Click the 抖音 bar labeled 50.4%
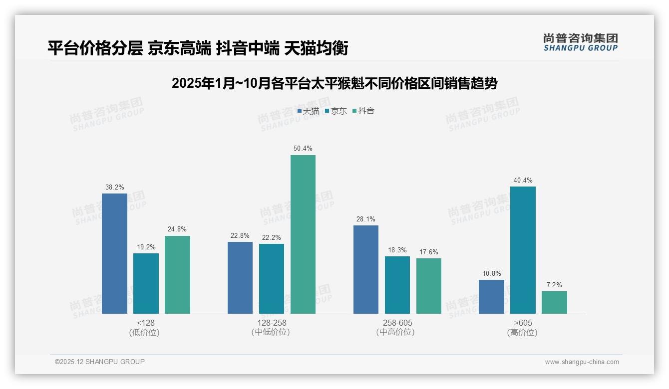pos(303,234)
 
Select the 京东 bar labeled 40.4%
pos(523,250)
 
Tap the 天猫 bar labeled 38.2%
pos(114,253)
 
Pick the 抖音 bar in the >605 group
pos(554,302)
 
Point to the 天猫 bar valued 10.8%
pos(491,297)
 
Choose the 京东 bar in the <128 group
pos(146,283)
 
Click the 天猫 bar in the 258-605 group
pos(366,269)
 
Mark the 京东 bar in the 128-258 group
pos(272,278)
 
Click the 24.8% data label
pos(177,229)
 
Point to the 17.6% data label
pos(429,252)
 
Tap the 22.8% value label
pos(240,235)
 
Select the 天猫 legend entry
pos(308,111)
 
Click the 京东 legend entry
pos(335,111)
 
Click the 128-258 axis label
pos(272,323)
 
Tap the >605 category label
pos(523,323)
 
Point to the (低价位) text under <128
pos(144,332)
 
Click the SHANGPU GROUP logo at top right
pos(580,42)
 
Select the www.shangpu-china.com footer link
pos(582,362)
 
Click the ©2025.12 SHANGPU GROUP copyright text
pos(100,362)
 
